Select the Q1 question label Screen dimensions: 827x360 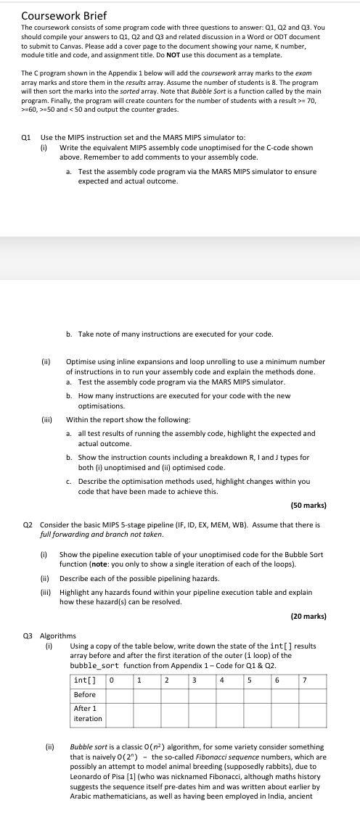pyautogui.click(x=27, y=138)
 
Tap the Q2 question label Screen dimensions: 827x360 pyautogui.click(x=27, y=524)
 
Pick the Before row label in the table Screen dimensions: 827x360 pyautogui.click(x=85, y=694)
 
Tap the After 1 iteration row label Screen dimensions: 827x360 pyautogui.click(x=88, y=713)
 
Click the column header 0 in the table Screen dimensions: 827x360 pyautogui.click(x=112, y=680)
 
